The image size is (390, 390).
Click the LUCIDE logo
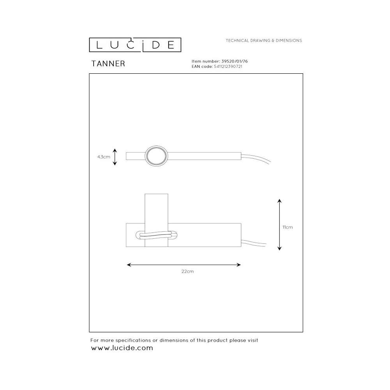(x=135, y=45)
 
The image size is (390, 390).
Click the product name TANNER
(x=108, y=64)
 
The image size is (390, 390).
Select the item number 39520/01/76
(x=234, y=61)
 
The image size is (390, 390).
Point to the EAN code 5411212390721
(x=228, y=66)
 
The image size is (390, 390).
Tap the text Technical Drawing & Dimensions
(x=264, y=41)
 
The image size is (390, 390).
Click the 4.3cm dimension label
(x=104, y=157)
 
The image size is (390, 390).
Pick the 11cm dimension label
(x=287, y=227)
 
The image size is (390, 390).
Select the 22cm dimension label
(x=188, y=271)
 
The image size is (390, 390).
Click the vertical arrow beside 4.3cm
(x=115, y=157)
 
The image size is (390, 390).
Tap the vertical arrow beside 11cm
(x=279, y=225)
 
